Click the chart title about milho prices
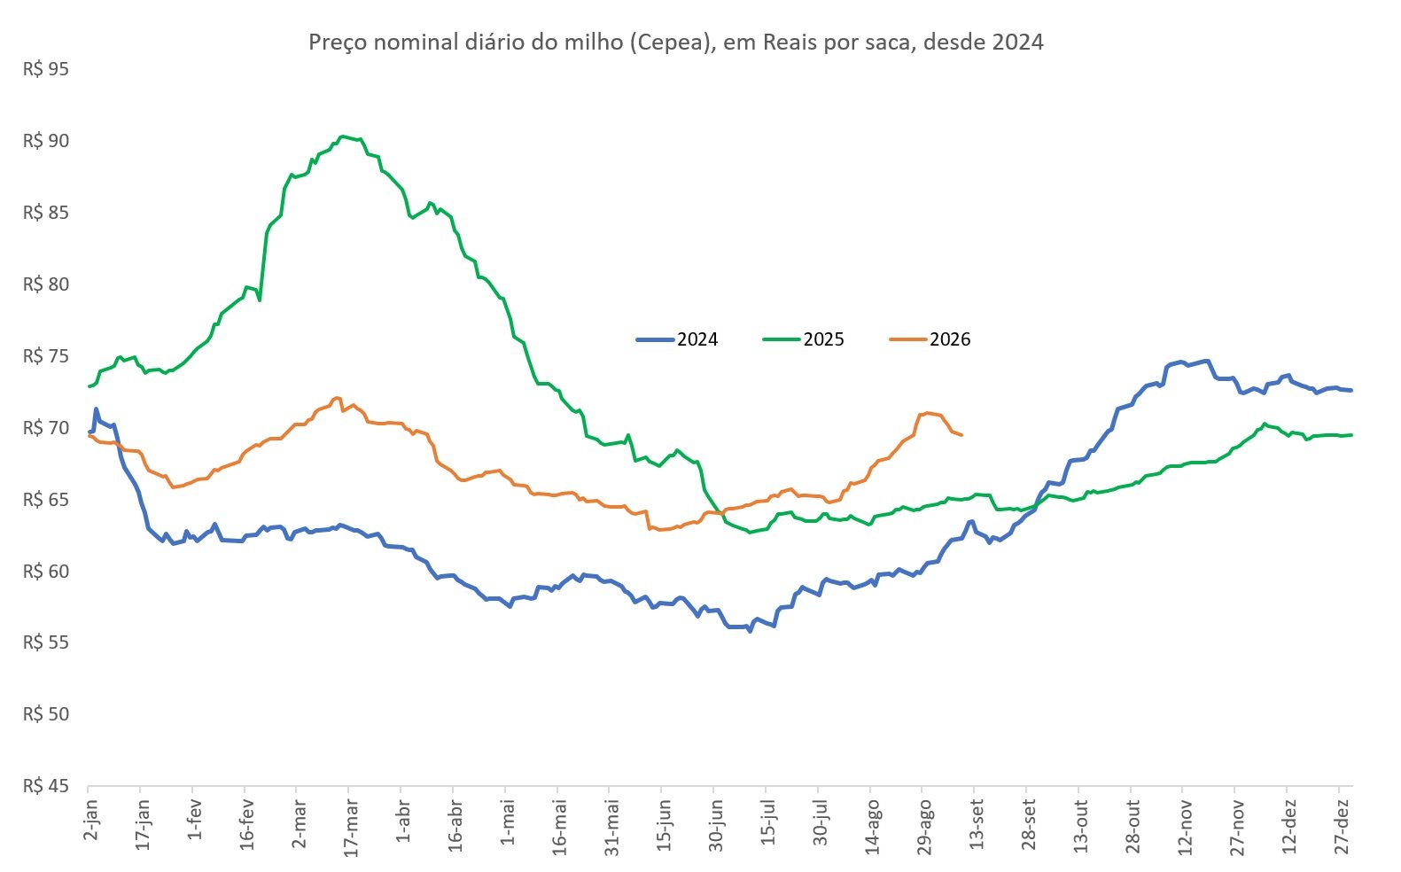[675, 42]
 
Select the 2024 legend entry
[677, 339]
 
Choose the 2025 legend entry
[803, 339]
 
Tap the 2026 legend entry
[930, 339]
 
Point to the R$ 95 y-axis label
[46, 69]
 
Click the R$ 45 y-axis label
[46, 786]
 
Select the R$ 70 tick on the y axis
[46, 428]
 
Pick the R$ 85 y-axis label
[46, 213]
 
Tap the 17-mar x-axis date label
[352, 828]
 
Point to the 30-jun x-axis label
[716, 825]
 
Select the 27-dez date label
[1341, 826]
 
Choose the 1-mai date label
[508, 822]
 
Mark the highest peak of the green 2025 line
[342, 136]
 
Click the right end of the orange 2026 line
[961, 435]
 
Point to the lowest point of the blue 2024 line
[750, 631]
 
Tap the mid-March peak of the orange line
[337, 398]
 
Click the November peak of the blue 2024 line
[1207, 361]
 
